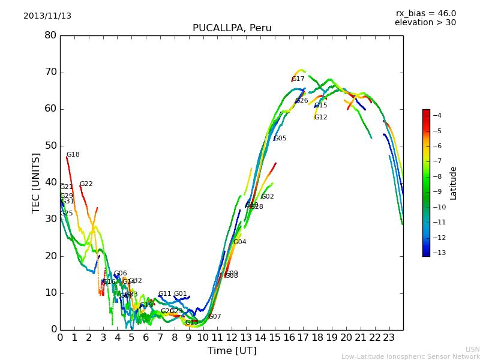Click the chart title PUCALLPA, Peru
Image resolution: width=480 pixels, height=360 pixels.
[x=232, y=28]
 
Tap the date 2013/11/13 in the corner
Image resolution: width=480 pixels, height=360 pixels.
[x=47, y=16]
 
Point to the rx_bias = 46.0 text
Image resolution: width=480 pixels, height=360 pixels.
[x=425, y=14]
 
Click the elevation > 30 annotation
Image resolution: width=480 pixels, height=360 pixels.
[x=425, y=23]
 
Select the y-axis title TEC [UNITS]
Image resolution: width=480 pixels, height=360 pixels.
[x=37, y=182]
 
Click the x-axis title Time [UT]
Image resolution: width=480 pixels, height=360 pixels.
[x=232, y=351]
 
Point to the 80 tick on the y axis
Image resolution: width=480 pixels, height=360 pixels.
[x=50, y=35]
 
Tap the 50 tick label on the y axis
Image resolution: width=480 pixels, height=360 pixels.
[x=50, y=146]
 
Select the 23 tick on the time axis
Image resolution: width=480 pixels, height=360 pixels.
[x=389, y=337]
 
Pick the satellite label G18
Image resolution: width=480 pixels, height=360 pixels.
[x=73, y=155]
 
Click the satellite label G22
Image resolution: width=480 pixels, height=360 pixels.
[x=86, y=184]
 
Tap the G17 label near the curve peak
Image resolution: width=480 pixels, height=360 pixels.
[x=298, y=79]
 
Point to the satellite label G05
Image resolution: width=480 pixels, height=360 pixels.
[x=280, y=139]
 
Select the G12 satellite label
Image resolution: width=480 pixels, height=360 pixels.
[x=320, y=118]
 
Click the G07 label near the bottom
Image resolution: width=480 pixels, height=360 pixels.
[x=214, y=317]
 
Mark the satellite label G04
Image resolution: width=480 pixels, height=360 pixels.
[x=239, y=242]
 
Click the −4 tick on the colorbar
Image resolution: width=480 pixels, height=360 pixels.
[x=437, y=115]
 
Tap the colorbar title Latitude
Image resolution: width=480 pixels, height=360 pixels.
[x=454, y=182]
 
